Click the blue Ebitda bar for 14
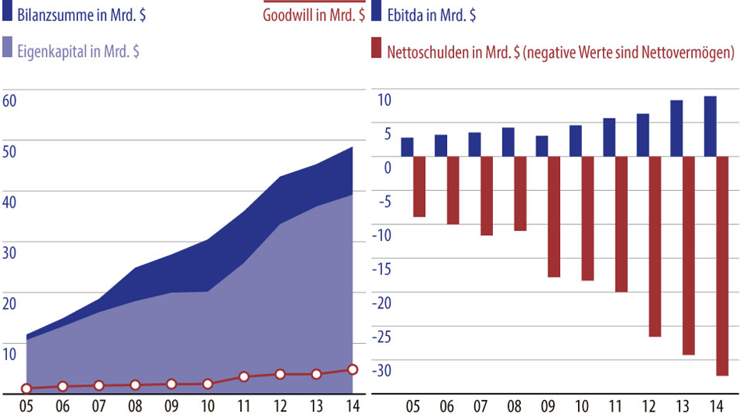[x=711, y=126]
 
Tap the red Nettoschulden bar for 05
[x=419, y=186]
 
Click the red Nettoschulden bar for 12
[x=654, y=246]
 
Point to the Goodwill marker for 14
[x=353, y=369]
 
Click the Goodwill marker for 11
[x=244, y=376]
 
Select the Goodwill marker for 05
[x=27, y=388]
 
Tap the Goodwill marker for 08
[x=135, y=385]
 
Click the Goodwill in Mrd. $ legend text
[x=314, y=16]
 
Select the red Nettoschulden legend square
[x=376, y=51]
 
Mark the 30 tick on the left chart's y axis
[x=10, y=252]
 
